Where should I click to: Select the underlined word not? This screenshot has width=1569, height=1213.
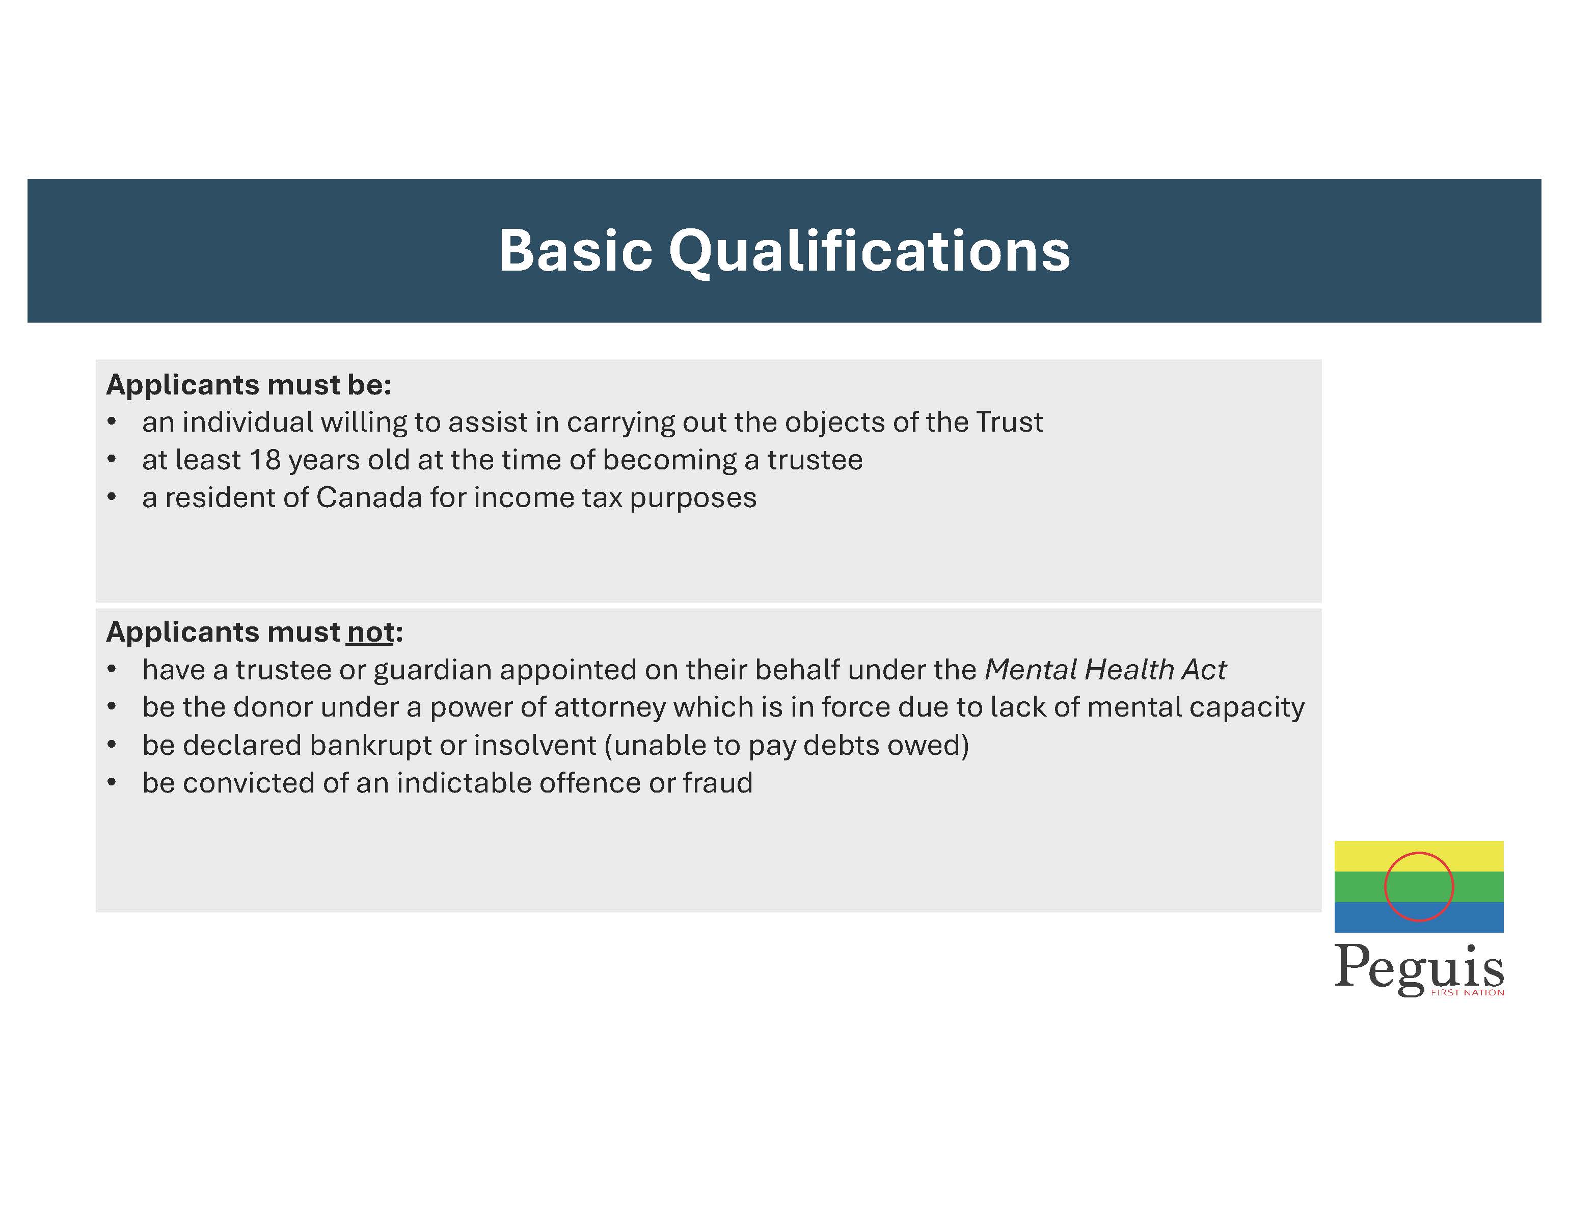pyautogui.click(x=370, y=632)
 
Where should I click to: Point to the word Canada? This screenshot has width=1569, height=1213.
pyautogui.click(x=369, y=497)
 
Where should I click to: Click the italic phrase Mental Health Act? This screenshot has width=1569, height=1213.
pyautogui.click(x=1105, y=670)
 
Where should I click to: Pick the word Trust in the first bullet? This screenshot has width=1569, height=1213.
pyautogui.click(x=1009, y=422)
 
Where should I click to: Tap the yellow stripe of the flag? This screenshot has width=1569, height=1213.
pyautogui.click(x=1419, y=856)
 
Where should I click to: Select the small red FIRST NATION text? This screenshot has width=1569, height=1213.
pyautogui.click(x=1468, y=992)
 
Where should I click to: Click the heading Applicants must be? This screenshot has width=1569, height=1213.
pyautogui.click(x=249, y=385)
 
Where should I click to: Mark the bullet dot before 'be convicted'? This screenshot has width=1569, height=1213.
pyautogui.click(x=112, y=782)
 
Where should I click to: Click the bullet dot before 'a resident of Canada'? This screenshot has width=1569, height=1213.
pyautogui.click(x=112, y=497)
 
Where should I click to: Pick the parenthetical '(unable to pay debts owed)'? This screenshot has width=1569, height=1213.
pyautogui.click(x=787, y=745)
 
